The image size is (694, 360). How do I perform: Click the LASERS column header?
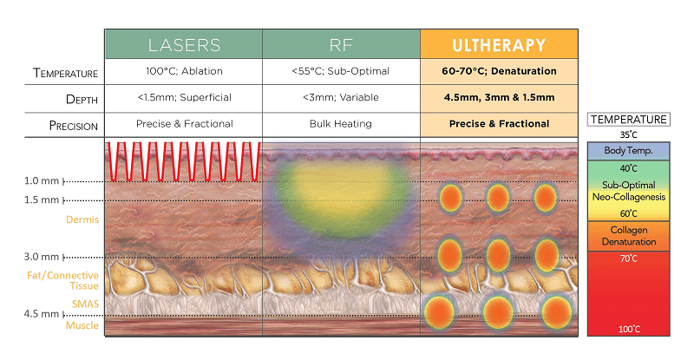(x=184, y=44)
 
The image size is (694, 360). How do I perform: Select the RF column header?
(x=341, y=44)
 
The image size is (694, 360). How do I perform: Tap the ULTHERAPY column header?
(x=500, y=44)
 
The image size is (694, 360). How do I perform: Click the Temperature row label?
(x=66, y=73)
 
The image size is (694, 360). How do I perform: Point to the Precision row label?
(x=74, y=126)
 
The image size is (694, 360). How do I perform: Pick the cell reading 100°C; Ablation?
(x=184, y=71)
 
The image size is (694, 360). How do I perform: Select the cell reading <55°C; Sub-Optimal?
(x=340, y=71)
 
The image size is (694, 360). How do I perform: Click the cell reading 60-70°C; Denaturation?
(x=500, y=71)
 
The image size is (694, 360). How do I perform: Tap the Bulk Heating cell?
(x=341, y=124)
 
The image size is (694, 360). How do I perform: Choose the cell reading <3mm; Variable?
(x=341, y=97)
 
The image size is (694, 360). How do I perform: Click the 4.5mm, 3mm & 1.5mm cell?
(x=500, y=97)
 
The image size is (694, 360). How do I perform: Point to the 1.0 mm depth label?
(x=42, y=180)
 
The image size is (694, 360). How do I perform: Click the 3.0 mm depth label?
(x=42, y=257)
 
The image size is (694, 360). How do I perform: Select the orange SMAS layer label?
(x=85, y=304)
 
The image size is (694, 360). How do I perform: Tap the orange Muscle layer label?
(x=82, y=325)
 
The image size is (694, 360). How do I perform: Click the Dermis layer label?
(x=82, y=219)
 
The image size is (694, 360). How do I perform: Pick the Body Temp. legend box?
(x=628, y=151)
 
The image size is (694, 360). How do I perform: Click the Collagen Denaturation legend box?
(x=628, y=236)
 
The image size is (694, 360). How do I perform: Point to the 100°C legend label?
(x=629, y=329)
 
